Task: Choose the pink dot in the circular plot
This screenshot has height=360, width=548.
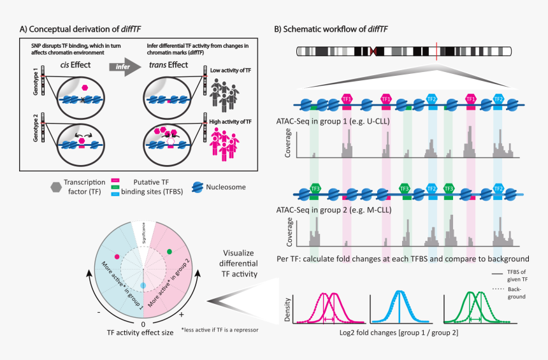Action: click(x=117, y=256)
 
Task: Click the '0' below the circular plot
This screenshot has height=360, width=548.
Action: click(x=143, y=324)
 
